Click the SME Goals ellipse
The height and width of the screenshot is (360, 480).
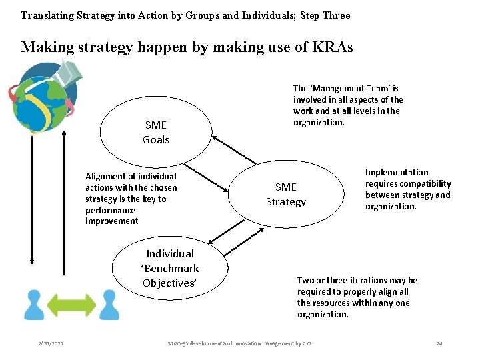(x=156, y=132)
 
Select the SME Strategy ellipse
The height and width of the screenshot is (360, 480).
(x=286, y=194)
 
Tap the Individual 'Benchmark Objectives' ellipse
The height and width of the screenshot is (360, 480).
(x=170, y=268)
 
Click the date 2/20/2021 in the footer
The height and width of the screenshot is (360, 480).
(x=51, y=343)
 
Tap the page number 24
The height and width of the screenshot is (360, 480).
(x=439, y=343)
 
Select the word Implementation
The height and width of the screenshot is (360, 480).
(x=397, y=172)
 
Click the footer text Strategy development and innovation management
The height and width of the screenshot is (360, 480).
(x=240, y=343)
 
